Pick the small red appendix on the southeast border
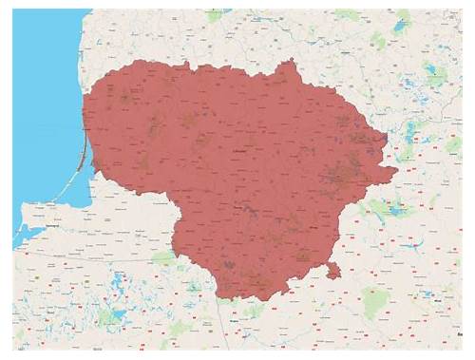pyautogui.click(x=332, y=271)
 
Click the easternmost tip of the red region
pyautogui.click(x=396, y=171)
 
